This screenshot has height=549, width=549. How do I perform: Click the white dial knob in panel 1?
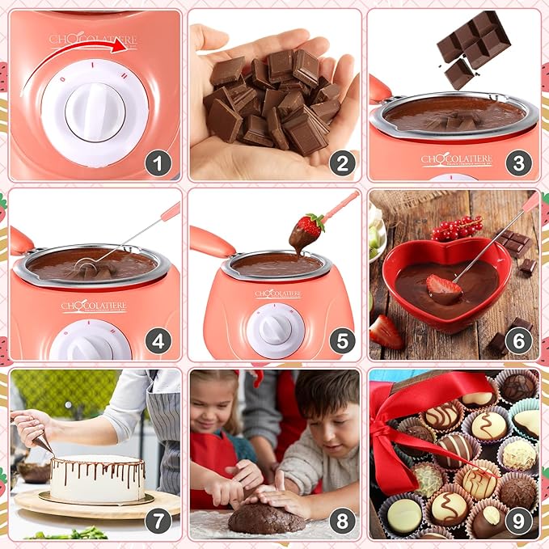tap(95, 110)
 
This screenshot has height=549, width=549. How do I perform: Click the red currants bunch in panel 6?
tap(457, 228)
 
